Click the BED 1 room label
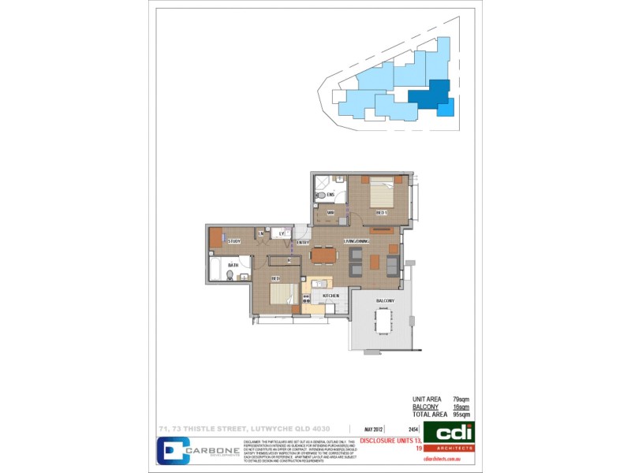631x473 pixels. [381, 214]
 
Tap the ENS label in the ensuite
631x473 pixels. [332, 194]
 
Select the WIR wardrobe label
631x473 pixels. [331, 213]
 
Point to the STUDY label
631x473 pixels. [233, 242]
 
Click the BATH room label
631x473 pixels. [233, 266]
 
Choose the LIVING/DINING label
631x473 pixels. [356, 240]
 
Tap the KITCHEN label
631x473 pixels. [330, 296]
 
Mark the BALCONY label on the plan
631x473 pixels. [385, 301]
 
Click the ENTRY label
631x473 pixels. [303, 243]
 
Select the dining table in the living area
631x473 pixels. [323, 255]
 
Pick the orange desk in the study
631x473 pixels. [216, 237]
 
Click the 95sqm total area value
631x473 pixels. [461, 414]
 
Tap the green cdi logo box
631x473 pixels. [448, 432]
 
